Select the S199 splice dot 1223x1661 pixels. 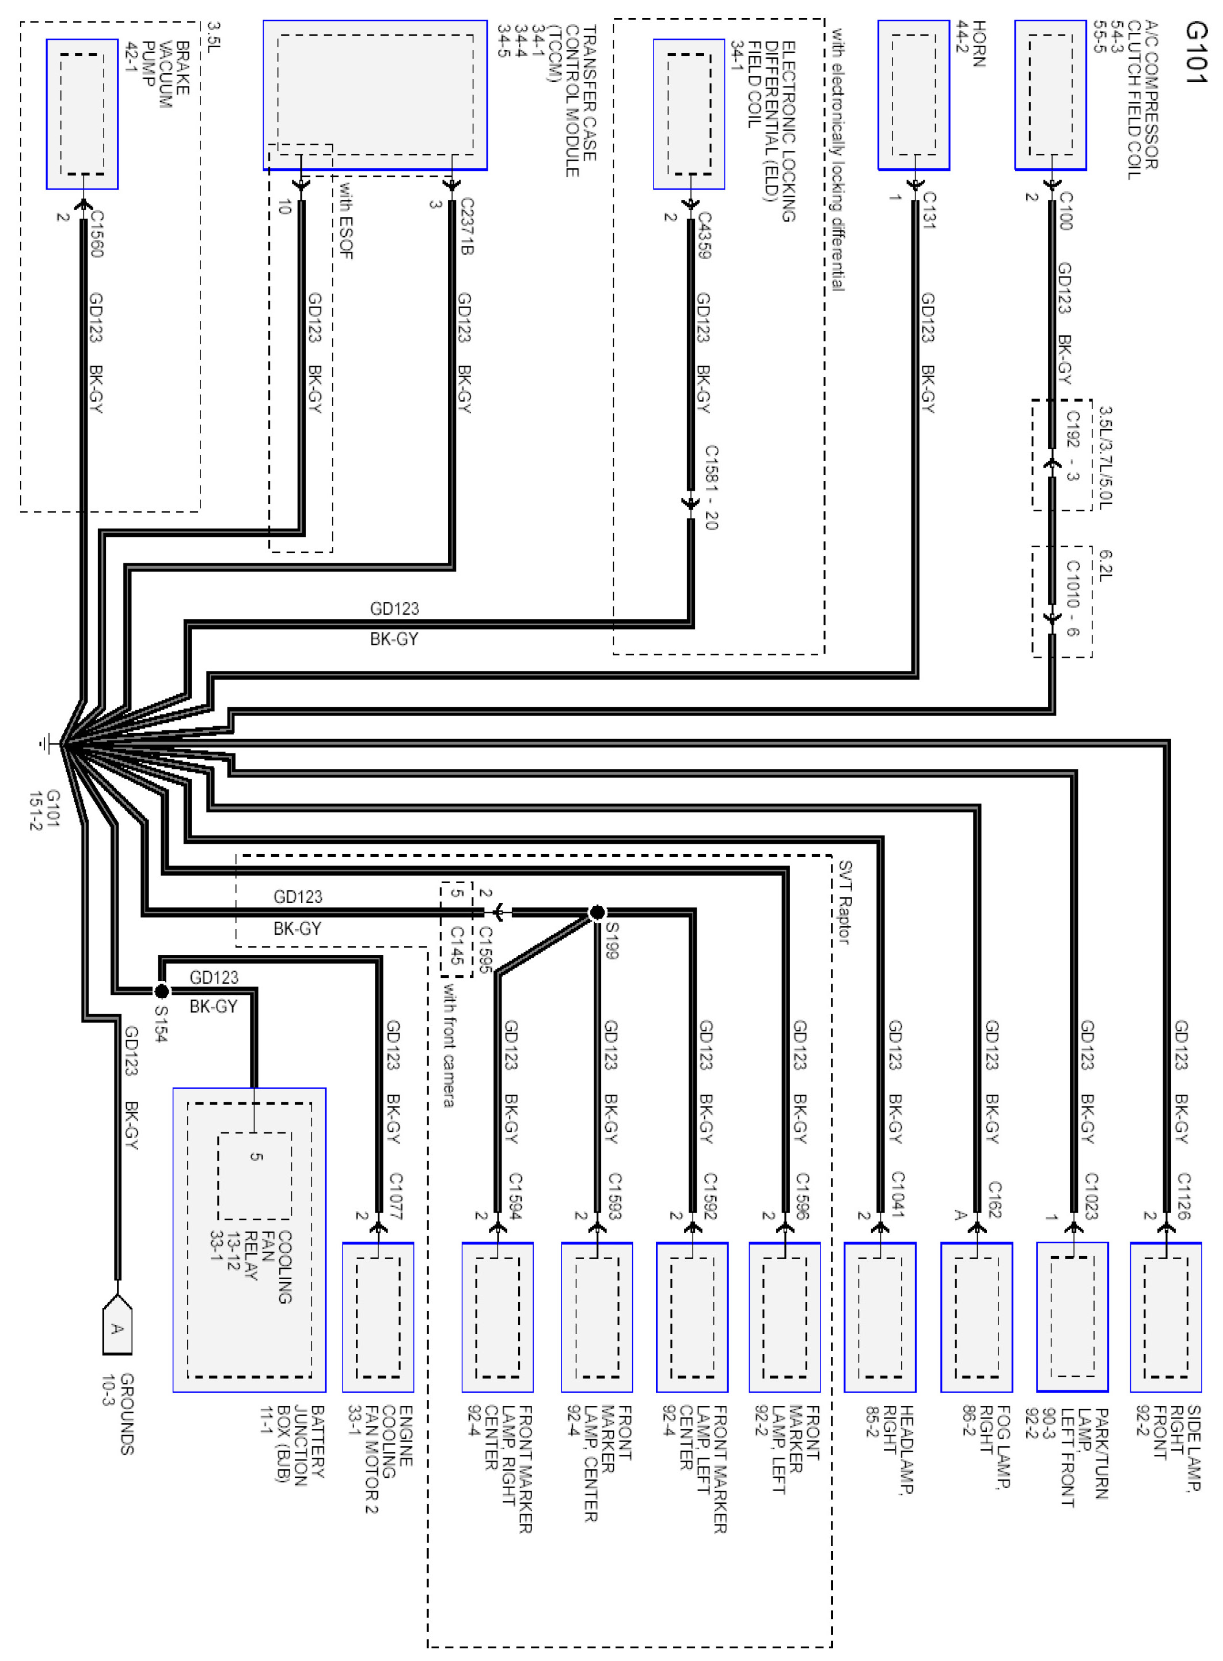597,912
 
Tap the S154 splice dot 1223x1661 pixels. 161,991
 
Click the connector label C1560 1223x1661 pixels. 96,233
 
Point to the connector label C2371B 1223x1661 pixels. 467,226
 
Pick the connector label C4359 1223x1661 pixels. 704,235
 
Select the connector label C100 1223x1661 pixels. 1066,210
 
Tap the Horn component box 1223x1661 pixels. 914,95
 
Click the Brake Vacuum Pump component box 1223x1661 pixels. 82,114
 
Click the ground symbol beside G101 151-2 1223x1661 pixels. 47,743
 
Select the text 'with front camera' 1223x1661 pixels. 449,1044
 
